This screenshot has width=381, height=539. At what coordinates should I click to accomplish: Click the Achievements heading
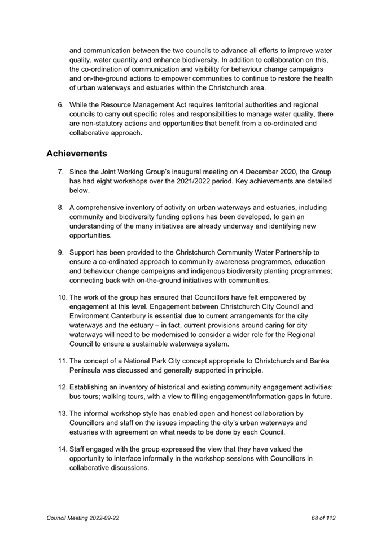[77, 153]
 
